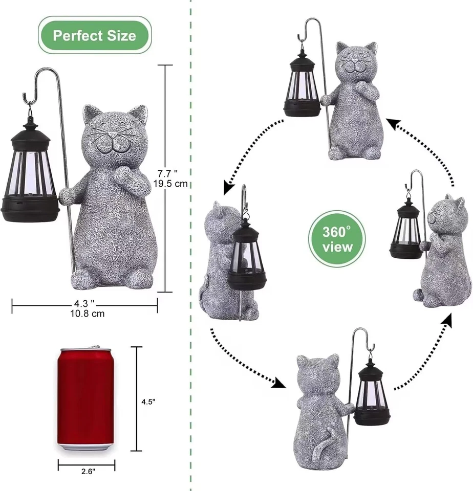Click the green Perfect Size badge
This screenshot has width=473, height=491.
click(95, 35)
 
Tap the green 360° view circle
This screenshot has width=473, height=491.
click(337, 239)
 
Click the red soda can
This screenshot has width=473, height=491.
click(87, 399)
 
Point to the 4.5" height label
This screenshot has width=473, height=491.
click(148, 401)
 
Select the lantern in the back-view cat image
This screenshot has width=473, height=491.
click(372, 394)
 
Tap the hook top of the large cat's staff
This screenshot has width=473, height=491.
click(36, 82)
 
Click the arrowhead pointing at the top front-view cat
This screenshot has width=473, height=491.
click(392, 123)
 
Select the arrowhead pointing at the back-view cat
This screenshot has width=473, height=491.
click(279, 383)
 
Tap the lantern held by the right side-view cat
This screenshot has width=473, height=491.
click(406, 230)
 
